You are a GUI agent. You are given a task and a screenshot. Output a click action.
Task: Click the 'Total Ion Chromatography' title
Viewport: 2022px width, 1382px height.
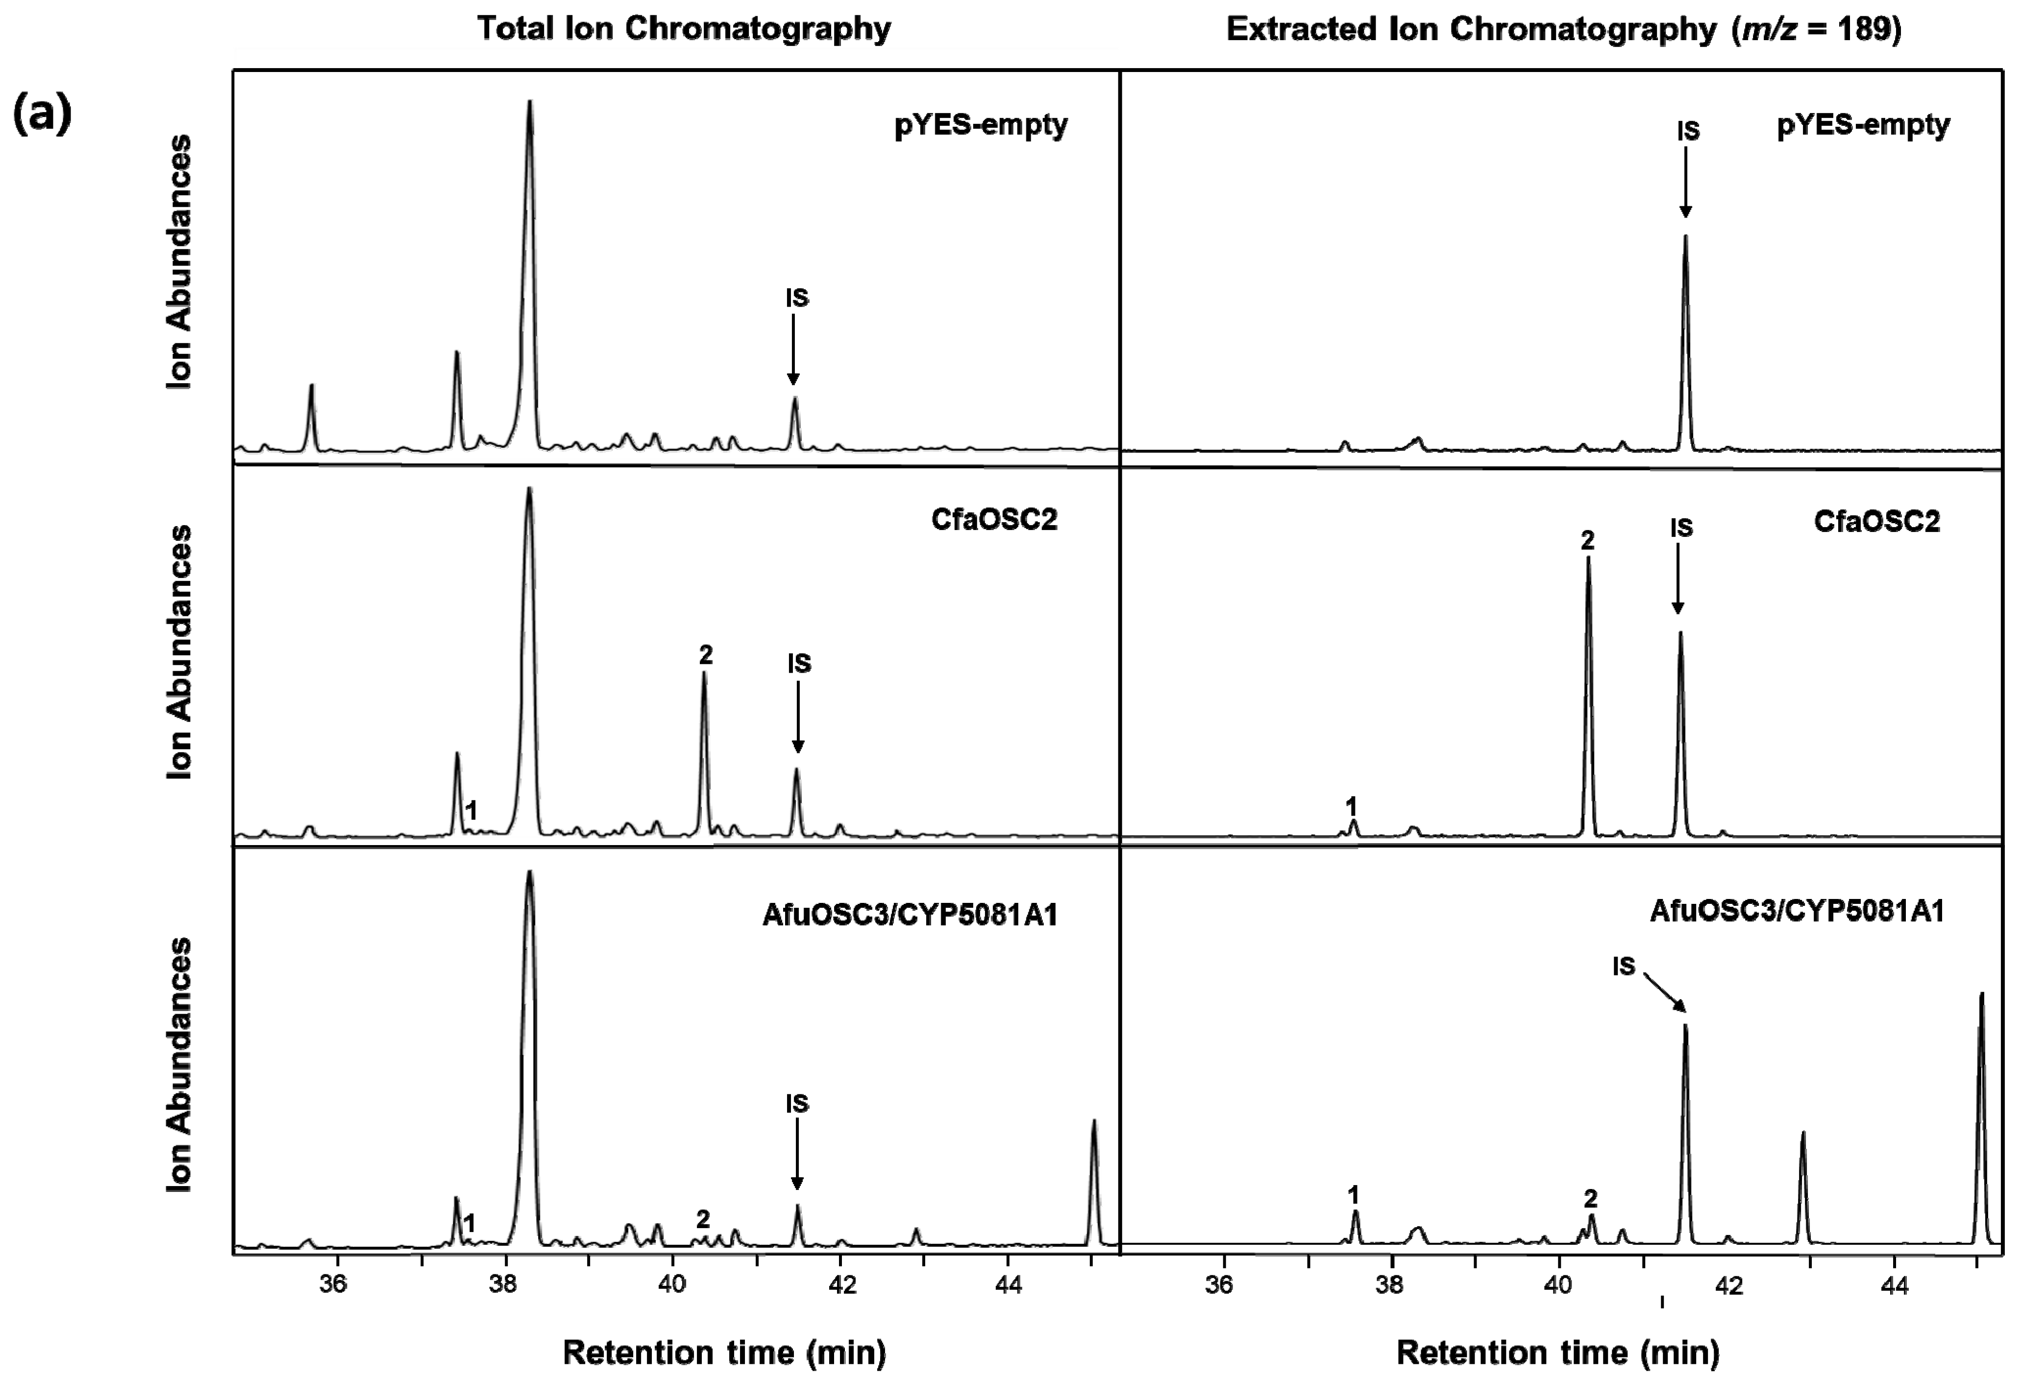tap(683, 29)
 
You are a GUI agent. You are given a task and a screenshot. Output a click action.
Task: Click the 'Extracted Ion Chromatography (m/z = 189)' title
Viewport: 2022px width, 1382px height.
tap(1563, 29)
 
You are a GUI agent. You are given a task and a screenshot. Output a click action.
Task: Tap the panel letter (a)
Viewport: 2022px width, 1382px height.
tap(42, 114)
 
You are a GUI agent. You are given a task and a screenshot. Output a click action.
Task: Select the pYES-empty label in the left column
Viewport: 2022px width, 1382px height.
tap(981, 125)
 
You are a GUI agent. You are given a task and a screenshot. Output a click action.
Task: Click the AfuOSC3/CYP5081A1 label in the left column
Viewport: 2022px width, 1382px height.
tap(909, 915)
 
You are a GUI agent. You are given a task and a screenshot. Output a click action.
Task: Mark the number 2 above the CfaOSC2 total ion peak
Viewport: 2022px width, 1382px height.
tap(705, 655)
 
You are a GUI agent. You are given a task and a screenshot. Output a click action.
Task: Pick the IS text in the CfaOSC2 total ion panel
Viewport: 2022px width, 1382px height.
tap(799, 664)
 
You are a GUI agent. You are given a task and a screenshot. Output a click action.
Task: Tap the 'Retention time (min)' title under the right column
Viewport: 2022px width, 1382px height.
tap(1557, 1353)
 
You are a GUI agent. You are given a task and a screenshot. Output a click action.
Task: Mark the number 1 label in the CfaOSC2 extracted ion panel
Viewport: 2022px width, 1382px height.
tap(1351, 805)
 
